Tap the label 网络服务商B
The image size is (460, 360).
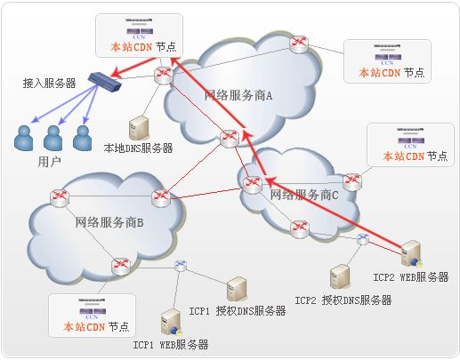click(x=109, y=221)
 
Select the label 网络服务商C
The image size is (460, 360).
click(x=304, y=194)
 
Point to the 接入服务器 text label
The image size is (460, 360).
click(x=49, y=83)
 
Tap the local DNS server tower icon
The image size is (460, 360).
click(x=138, y=125)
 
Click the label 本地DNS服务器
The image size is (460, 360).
click(x=138, y=148)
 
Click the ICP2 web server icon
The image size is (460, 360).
click(x=410, y=253)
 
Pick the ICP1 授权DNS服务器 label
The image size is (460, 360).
click(x=237, y=311)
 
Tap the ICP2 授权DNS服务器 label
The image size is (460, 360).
click(x=343, y=300)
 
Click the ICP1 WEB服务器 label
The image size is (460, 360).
click(x=171, y=344)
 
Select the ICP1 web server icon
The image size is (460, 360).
click(x=169, y=320)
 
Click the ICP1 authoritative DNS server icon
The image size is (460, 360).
click(x=236, y=288)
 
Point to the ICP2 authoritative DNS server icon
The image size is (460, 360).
click(x=339, y=276)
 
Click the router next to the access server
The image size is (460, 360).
click(x=163, y=75)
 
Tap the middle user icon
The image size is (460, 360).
click(x=53, y=137)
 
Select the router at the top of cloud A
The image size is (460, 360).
click(x=299, y=44)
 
